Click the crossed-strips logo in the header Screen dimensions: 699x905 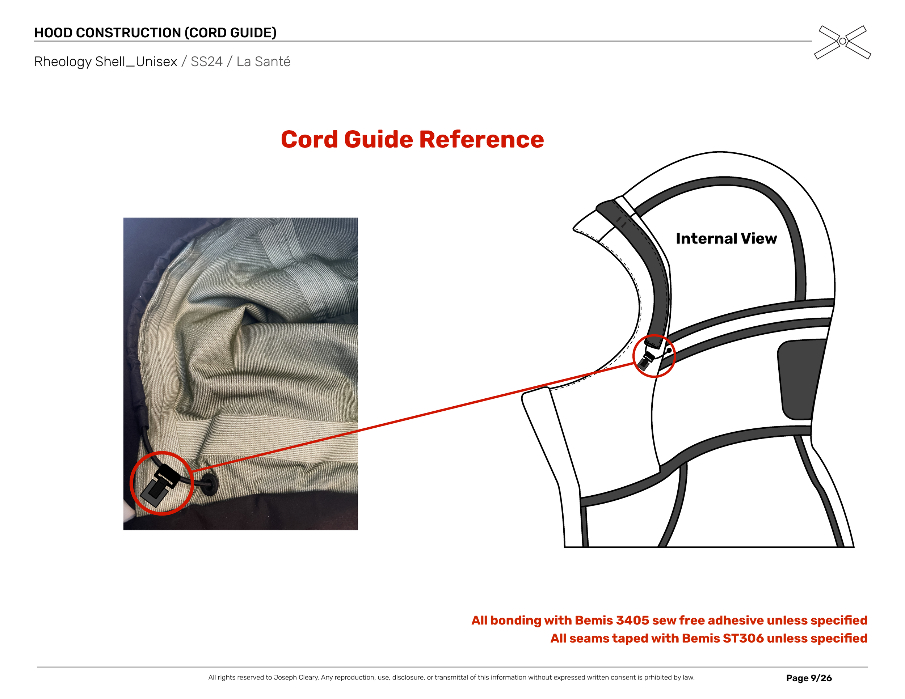pyautogui.click(x=842, y=42)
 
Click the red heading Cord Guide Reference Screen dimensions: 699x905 pyautogui.click(x=412, y=139)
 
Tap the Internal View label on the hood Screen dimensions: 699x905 pyautogui.click(x=726, y=238)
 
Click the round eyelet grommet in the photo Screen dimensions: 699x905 pyautogui.click(x=210, y=484)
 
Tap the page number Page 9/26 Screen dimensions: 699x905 pyautogui.click(x=808, y=678)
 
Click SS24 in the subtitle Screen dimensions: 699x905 pyautogui.click(x=206, y=62)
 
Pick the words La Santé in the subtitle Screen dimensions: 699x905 pyautogui.click(x=263, y=62)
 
